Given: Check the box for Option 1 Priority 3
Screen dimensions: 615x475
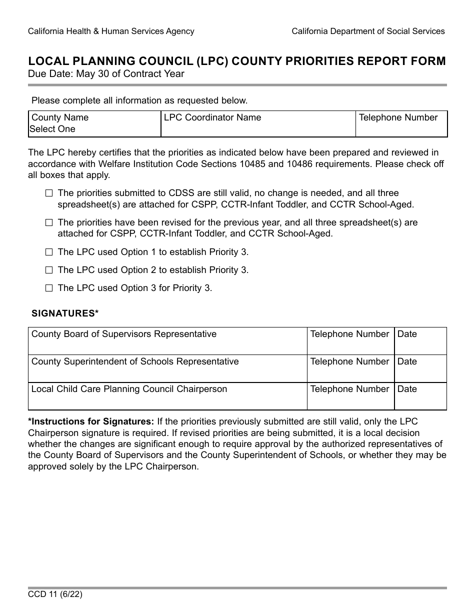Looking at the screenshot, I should click(48, 252).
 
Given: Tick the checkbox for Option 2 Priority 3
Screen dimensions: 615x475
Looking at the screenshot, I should click(48, 270).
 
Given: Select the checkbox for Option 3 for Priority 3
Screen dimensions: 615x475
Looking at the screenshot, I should click(48, 288).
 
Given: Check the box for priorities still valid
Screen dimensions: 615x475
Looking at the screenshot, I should click(48, 193).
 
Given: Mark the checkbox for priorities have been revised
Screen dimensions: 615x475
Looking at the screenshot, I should click(48, 222).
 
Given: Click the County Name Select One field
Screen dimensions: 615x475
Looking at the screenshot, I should click(94, 124).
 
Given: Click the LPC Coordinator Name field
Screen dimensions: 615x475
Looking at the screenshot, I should click(258, 124).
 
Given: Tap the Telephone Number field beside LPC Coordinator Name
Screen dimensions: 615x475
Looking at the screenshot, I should click(401, 124).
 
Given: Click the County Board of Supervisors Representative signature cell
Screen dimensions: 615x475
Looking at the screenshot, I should click(167, 341).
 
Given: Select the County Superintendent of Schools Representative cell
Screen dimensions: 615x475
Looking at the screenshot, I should click(167, 369).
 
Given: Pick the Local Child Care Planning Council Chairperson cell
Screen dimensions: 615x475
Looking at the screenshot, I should click(167, 396).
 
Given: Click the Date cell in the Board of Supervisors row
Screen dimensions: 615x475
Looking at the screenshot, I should click(420, 341).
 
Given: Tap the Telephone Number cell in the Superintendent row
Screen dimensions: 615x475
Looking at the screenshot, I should click(350, 369).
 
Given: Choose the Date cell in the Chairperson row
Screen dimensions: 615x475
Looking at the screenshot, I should click(420, 396).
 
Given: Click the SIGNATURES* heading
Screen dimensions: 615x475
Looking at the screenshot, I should click(65, 313).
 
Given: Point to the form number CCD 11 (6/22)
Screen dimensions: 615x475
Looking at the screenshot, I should click(55, 595).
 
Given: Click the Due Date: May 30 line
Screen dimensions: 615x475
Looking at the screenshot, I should click(106, 74).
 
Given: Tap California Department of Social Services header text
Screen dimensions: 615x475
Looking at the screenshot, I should click(368, 31).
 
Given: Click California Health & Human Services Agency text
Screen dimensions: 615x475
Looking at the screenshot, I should click(111, 31).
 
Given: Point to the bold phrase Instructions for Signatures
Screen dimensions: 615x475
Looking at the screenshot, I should click(91, 421).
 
